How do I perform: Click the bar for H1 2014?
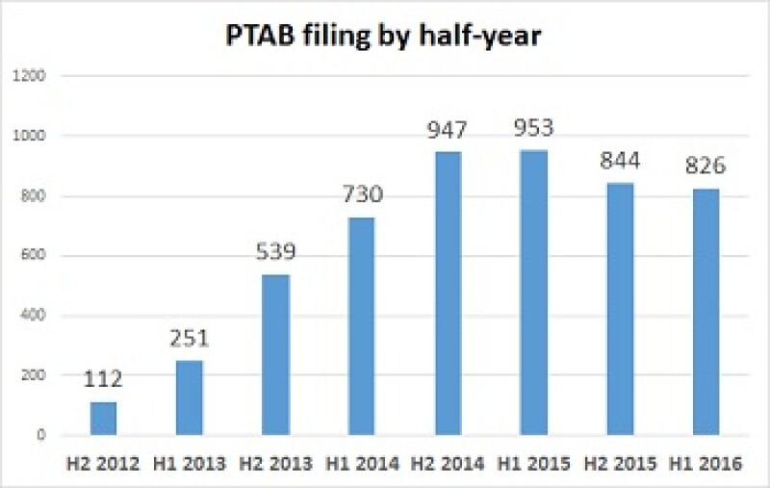(x=360, y=326)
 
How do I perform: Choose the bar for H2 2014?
(x=446, y=294)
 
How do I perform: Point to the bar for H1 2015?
(x=531, y=293)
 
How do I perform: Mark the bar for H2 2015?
(x=618, y=309)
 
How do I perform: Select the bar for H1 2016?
(x=704, y=312)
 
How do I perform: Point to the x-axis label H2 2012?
(x=102, y=464)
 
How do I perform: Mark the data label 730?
(x=360, y=195)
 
